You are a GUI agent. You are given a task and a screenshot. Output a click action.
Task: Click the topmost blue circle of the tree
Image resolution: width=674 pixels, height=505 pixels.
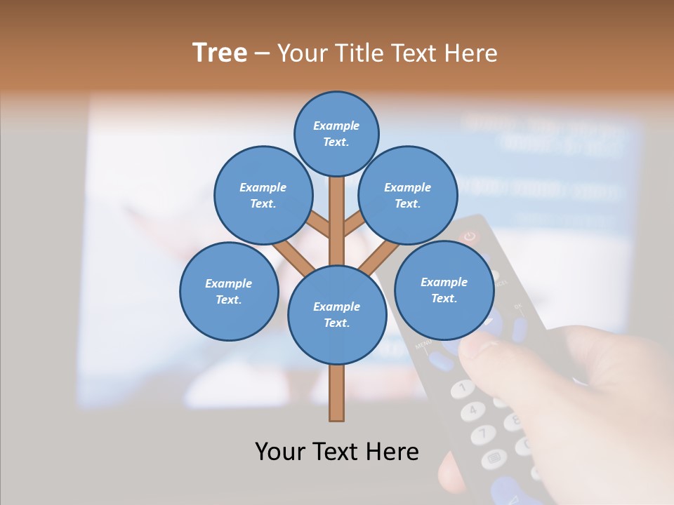336,133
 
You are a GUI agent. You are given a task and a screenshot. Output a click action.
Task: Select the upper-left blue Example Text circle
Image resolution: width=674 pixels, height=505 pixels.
263,195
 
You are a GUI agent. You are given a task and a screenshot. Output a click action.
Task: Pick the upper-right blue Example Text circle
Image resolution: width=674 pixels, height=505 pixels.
407,195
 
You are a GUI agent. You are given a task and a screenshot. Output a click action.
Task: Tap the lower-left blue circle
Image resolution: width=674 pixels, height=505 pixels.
228,291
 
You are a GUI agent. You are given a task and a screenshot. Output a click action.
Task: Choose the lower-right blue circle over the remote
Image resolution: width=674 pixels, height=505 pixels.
444,290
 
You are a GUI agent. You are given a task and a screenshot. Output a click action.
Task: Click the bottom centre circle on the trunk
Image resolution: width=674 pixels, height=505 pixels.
337,315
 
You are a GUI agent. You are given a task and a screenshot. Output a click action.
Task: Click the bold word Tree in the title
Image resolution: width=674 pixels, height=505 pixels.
220,53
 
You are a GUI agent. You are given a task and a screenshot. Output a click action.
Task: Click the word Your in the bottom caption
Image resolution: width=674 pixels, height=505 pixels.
280,451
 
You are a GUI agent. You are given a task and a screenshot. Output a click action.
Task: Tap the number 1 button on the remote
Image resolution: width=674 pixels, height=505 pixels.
462,386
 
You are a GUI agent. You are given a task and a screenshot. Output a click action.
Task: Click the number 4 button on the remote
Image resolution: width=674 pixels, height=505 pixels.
473,409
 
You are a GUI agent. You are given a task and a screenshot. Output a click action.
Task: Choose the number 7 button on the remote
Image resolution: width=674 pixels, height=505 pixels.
484,434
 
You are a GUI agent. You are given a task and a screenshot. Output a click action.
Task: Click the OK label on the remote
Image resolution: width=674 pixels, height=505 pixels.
519,307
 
